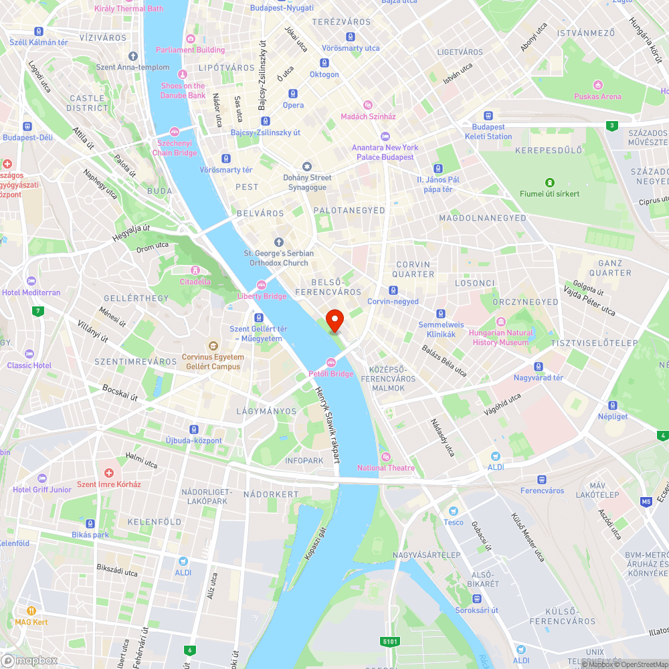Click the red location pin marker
[x=334, y=319]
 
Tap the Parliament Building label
[x=190, y=50]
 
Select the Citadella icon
[x=195, y=270]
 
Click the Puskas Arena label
[x=597, y=96]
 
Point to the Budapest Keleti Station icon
[x=488, y=115]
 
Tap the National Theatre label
[x=385, y=468]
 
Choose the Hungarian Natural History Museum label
[x=501, y=337]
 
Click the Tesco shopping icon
[x=453, y=510]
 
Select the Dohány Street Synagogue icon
[x=307, y=166]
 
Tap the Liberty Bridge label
[x=262, y=296]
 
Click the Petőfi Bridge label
[x=330, y=374]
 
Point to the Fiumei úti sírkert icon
[x=549, y=182]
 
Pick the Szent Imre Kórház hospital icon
[x=108, y=472]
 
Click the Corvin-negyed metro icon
[x=393, y=290]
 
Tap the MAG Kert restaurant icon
[x=31, y=610]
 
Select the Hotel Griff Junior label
[x=42, y=490]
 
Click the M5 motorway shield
[x=646, y=501]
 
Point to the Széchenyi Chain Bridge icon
[x=175, y=132]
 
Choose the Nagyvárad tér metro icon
[x=539, y=366]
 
